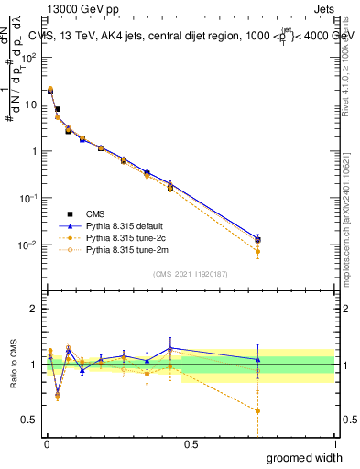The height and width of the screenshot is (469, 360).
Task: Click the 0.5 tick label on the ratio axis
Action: pyautogui.click(x=33, y=420)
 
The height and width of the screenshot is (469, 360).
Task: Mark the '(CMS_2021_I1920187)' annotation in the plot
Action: pyautogui.click(x=190, y=274)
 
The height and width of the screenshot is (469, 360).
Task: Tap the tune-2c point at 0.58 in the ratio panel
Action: pyautogui.click(x=258, y=410)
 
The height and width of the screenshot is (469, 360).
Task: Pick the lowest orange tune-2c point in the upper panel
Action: pyautogui.click(x=258, y=251)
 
